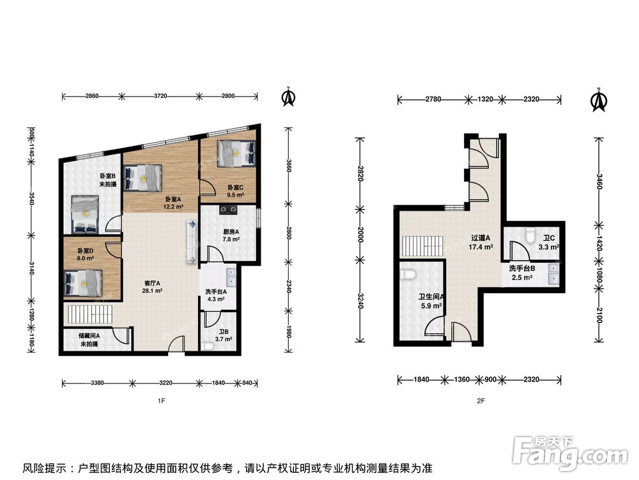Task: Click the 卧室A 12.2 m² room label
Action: pos(173,203)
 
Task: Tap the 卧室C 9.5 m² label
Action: pos(236,191)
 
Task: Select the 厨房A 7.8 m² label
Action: pos(231,235)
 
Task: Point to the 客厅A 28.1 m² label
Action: pos(153,287)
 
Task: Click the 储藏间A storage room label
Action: pos(89,340)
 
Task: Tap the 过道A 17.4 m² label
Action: pos(481,242)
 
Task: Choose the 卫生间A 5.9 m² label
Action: pos(431,301)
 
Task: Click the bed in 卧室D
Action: pos(84,283)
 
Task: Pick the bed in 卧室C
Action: pos(236,154)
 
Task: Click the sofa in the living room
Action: pos(191,242)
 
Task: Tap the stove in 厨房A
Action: pos(228,210)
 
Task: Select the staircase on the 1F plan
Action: pos(89,315)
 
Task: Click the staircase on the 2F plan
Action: pos(422,246)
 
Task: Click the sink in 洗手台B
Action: pos(553,274)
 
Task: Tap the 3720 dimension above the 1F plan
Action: pos(160,96)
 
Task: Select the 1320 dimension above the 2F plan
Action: pos(485,99)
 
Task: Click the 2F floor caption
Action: pos(481,401)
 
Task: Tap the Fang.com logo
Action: pos(570,453)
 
